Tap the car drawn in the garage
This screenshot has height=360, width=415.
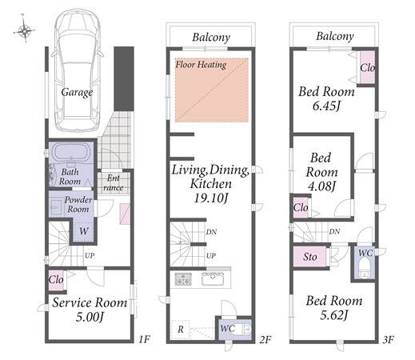(x=78, y=70)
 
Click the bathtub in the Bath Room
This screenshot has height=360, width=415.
(x=70, y=152)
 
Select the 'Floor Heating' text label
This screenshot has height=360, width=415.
(x=201, y=65)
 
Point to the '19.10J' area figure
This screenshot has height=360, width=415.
(x=210, y=198)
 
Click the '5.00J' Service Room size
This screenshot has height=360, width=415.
(x=90, y=317)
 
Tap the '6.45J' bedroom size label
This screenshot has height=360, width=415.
(x=326, y=106)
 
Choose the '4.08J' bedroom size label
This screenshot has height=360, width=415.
(x=321, y=186)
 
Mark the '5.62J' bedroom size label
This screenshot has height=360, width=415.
(x=334, y=315)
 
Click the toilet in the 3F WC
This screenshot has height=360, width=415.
(x=363, y=269)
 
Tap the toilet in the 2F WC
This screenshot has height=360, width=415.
(x=245, y=329)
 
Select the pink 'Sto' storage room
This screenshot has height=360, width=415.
(x=309, y=257)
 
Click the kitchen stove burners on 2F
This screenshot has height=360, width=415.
(x=183, y=279)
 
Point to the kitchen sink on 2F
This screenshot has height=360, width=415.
(x=213, y=278)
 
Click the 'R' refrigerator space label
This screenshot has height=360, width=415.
(x=181, y=330)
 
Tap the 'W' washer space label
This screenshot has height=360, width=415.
(x=84, y=231)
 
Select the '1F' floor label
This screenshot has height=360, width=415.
(x=145, y=339)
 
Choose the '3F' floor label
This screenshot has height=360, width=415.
(x=389, y=339)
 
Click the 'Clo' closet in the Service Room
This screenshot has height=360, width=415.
(x=56, y=280)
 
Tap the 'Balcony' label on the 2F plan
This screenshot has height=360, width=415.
(x=211, y=38)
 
